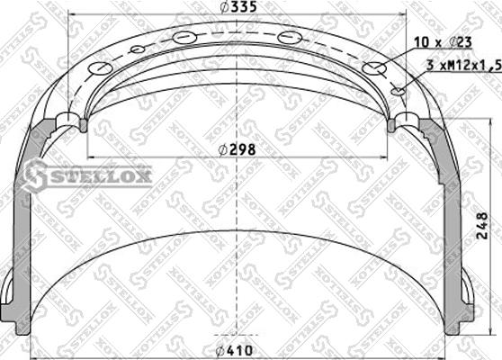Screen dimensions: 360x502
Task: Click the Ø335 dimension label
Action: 237,8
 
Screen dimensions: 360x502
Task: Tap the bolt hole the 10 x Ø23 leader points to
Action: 372,69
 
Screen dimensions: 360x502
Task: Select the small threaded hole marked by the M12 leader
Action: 399,90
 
